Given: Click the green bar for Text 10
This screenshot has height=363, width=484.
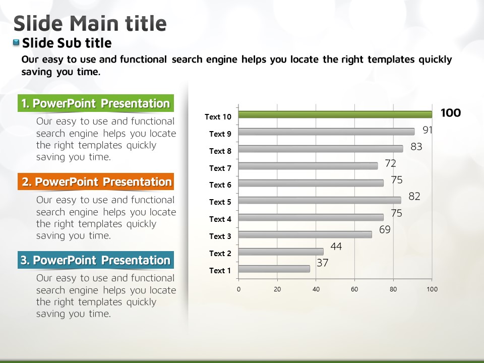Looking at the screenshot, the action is [335, 114].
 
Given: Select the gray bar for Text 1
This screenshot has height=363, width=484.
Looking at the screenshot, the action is [274, 269].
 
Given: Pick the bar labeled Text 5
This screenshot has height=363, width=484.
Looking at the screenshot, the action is [320, 200].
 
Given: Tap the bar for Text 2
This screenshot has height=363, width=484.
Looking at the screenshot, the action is [281, 252].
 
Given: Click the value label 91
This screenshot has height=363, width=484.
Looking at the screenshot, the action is [428, 130].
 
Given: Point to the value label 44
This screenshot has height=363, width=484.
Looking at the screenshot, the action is [336, 247].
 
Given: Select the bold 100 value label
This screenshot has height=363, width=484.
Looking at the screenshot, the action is [451, 113].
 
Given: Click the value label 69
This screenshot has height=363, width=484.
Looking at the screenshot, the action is [385, 230].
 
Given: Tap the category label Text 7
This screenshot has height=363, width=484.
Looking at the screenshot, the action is [220, 168].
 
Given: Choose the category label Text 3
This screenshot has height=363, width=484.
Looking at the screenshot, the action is [220, 236].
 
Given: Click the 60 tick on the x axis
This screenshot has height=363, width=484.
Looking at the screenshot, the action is [354, 289].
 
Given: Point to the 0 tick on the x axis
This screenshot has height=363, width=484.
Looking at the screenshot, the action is [238, 289].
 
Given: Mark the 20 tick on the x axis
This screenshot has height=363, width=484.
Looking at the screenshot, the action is [277, 289].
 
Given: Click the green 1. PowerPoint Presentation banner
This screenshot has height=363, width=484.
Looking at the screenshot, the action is [96, 103].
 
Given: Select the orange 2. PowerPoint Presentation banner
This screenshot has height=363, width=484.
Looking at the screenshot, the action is [96, 181].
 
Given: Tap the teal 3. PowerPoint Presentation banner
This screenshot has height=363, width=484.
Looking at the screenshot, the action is [96, 260].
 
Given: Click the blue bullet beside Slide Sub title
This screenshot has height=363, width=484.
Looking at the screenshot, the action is [16, 42].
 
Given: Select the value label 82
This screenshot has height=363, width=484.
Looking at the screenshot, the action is [414, 196].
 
